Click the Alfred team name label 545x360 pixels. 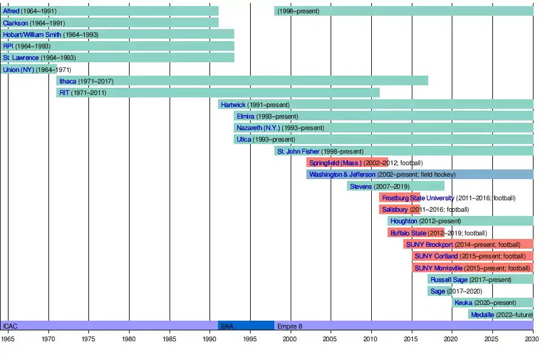pos(11,11)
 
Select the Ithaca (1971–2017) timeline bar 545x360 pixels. pos(242,81)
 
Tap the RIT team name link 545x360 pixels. pos(65,93)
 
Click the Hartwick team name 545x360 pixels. pos(233,105)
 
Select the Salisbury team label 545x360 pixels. pos(395,209)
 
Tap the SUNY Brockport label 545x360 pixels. pos(429,244)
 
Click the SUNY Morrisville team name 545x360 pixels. pos(438,268)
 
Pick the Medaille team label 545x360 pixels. pos(482,315)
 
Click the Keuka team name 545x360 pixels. pos(463,303)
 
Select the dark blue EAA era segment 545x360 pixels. pos(246,326)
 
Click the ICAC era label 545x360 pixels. pos(10,326)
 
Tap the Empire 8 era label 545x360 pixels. pos(289,326)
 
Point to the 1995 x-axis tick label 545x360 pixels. pos(250,339)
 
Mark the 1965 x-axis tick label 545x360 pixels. pos(8,339)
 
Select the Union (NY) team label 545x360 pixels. pos(18,70)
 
